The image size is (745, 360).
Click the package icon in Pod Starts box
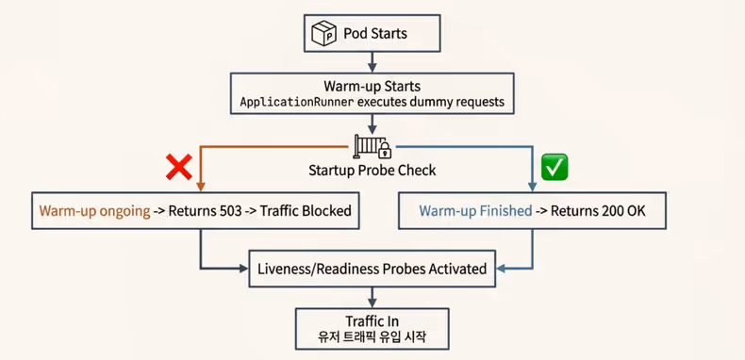coord(324,34)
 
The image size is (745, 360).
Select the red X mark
coord(179,168)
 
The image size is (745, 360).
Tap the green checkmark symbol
coord(554,168)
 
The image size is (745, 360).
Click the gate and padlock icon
coord(372,147)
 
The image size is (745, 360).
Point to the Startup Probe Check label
coord(372,171)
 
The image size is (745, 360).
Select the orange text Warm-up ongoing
coord(94,210)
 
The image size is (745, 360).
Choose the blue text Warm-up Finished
coord(475,210)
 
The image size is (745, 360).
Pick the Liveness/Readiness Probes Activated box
coord(372,269)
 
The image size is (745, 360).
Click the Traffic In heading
coord(372,320)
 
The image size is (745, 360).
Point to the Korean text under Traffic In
coord(372,338)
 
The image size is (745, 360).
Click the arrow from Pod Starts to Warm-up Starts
coord(372,62)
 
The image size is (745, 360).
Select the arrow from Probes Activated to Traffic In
coord(372,297)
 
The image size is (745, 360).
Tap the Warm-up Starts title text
coord(372,85)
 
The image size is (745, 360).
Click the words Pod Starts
coord(375,34)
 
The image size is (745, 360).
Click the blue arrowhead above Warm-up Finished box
coord(534,185)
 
